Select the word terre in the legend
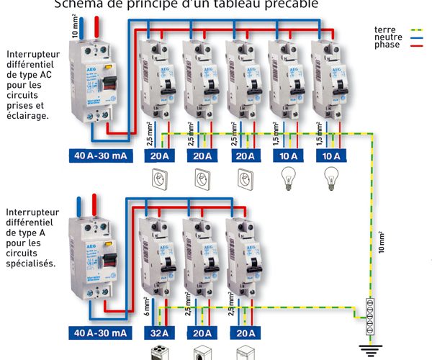click(x=385, y=30)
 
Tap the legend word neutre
click(x=387, y=37)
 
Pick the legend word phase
click(x=387, y=45)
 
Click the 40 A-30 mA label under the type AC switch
click(x=100, y=155)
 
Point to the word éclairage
click(x=28, y=114)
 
